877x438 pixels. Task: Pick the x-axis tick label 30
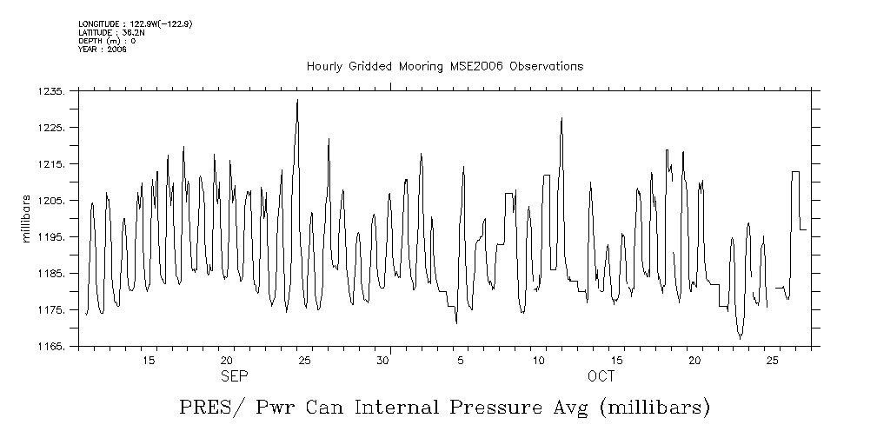[382, 360]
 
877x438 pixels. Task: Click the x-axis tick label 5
[461, 360]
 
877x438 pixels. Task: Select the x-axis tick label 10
[539, 360]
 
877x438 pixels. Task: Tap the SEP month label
[234, 376]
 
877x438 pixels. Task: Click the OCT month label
[601, 376]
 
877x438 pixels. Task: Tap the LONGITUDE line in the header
[135, 24]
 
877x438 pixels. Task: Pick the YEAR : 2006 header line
[102, 50]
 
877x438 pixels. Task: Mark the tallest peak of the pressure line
[297, 100]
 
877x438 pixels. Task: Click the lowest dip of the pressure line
[740, 337]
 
